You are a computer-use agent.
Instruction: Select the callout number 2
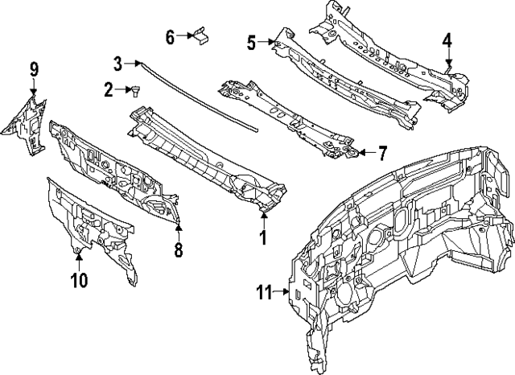click(x=108, y=90)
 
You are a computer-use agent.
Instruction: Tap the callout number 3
click(x=117, y=63)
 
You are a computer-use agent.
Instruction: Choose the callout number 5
click(x=252, y=42)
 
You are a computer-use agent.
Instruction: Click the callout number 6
click(x=170, y=36)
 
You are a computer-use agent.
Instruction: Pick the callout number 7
click(x=383, y=150)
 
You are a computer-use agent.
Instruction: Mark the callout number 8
click(x=178, y=250)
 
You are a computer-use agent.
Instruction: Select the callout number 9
click(x=34, y=68)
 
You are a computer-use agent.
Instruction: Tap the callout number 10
click(x=78, y=280)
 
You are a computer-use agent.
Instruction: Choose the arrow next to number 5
click(x=269, y=42)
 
